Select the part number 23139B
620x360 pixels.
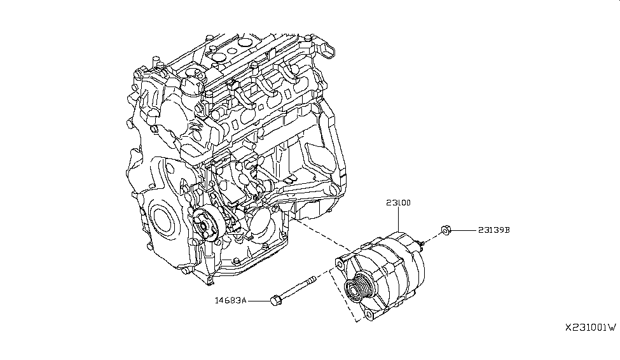(493, 230)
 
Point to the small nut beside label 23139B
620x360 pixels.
(446, 230)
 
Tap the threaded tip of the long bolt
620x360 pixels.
(313, 279)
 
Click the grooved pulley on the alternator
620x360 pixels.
(355, 289)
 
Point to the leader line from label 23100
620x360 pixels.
(398, 219)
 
